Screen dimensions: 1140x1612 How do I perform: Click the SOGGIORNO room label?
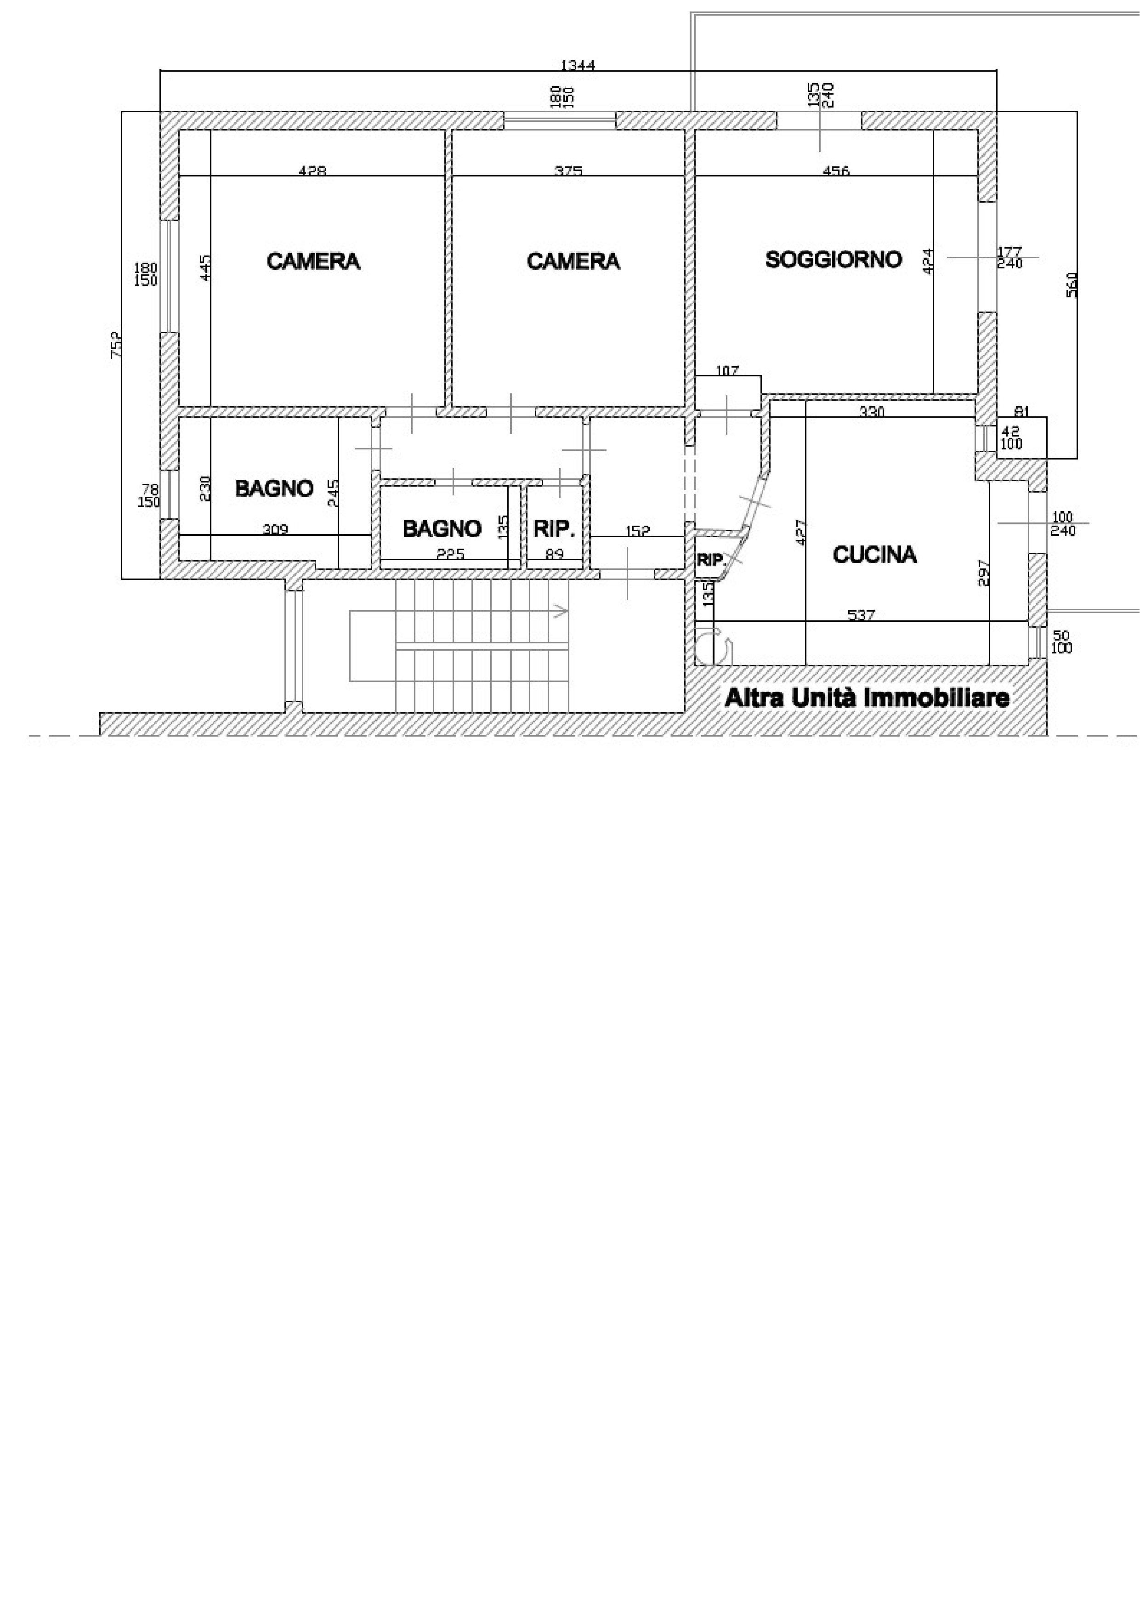pyautogui.click(x=833, y=259)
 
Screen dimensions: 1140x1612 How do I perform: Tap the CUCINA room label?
pyautogui.click(x=875, y=555)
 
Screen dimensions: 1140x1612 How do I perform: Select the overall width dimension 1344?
pyautogui.click(x=578, y=65)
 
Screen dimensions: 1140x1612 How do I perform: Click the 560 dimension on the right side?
pyautogui.click(x=1072, y=284)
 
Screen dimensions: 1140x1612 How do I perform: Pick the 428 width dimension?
pyautogui.click(x=312, y=170)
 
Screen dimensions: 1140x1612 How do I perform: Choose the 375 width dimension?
pyautogui.click(x=568, y=170)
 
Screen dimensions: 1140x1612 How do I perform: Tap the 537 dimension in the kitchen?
pyautogui.click(x=861, y=615)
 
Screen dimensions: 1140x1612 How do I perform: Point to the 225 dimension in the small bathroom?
pyautogui.click(x=451, y=554)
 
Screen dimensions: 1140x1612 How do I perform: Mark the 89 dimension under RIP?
pyautogui.click(x=555, y=554)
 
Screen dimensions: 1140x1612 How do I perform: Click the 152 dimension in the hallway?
pyautogui.click(x=637, y=531)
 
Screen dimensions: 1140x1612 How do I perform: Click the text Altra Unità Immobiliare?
pyautogui.click(x=867, y=698)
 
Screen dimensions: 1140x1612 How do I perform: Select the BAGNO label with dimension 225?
pyautogui.click(x=442, y=528)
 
